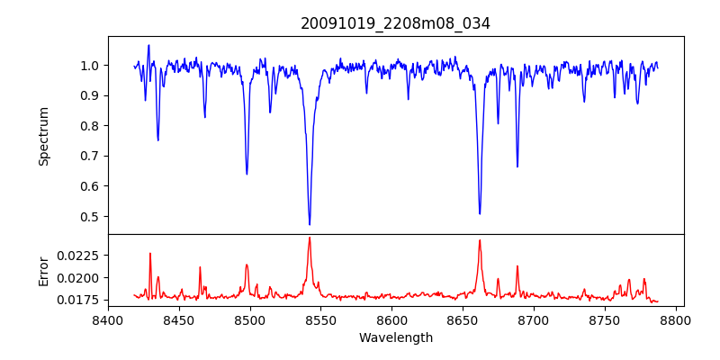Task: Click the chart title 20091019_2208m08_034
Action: [395, 23]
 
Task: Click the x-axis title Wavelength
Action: [395, 337]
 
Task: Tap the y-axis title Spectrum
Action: [44, 135]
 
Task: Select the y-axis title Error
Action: [44, 270]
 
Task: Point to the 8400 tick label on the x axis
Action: [108, 320]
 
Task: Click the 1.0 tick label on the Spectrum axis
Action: [90, 66]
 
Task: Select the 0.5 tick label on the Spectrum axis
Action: [90, 217]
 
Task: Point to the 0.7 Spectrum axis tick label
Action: [90, 157]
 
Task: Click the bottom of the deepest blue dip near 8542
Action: [310, 224]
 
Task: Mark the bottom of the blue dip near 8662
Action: [480, 213]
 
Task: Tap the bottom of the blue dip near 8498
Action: [247, 174]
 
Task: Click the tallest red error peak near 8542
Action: [310, 238]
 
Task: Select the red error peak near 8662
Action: [480, 240]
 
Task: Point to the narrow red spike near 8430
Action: [150, 254]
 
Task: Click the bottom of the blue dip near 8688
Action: [517, 166]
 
